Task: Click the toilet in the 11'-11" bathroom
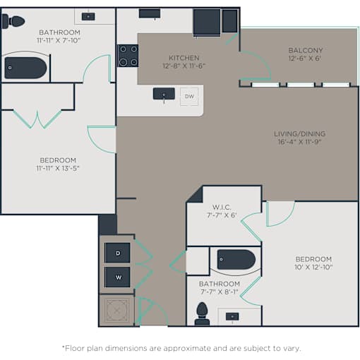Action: [13, 22]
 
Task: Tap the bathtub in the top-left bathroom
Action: [25, 68]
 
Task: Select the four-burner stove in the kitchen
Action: [128, 56]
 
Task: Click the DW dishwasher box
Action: [189, 97]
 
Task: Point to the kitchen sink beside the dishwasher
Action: [164, 94]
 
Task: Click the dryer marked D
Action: [117, 253]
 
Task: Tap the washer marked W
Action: [117, 277]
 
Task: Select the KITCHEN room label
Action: [184, 58]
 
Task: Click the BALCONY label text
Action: [306, 50]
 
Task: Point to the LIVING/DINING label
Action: [300, 133]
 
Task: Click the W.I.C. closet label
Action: [222, 208]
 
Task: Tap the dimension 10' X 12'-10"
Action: [313, 267]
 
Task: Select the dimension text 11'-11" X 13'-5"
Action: [58, 168]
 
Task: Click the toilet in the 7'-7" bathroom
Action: [202, 314]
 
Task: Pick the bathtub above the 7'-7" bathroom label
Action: [236, 260]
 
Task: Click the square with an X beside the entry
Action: [116, 311]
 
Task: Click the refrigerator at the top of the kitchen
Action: [207, 23]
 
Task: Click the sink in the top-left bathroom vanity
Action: [88, 16]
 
